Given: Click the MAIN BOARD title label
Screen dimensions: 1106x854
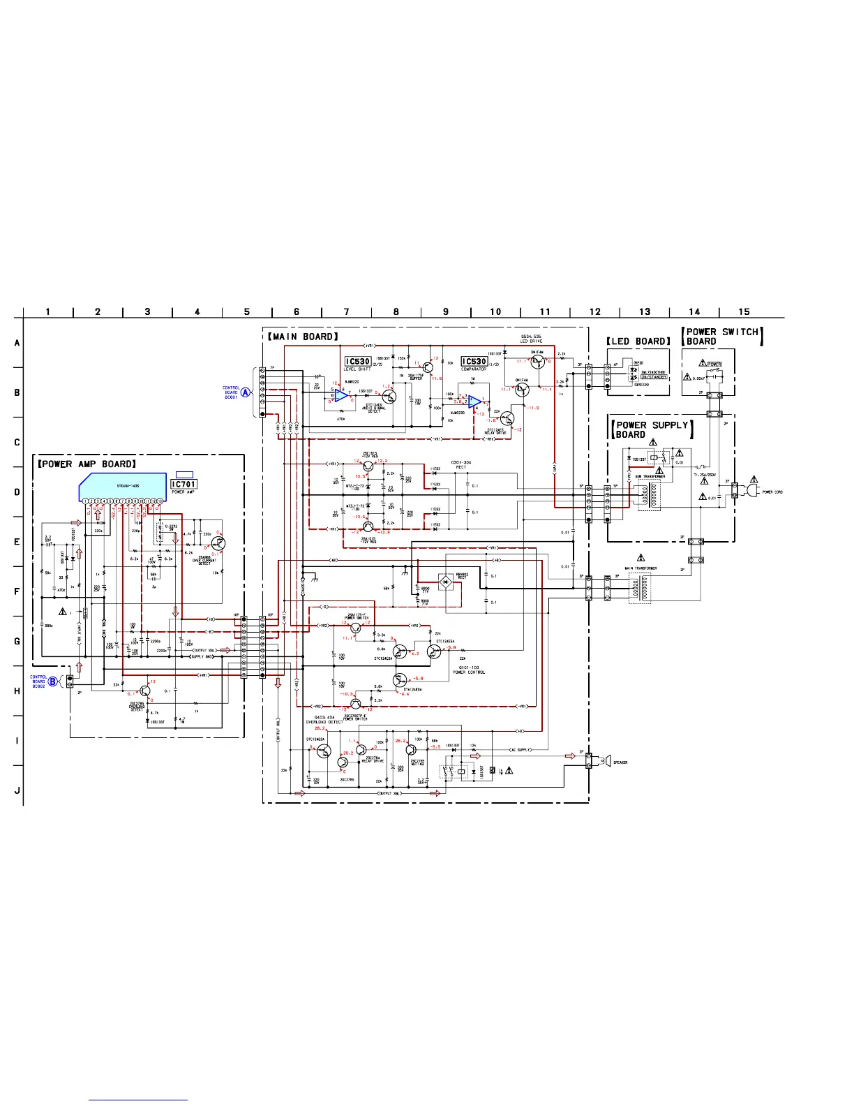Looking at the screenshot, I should point(304,337).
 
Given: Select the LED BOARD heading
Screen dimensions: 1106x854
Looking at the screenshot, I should point(638,341).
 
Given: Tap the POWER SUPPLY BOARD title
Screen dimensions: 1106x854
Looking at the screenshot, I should point(652,429).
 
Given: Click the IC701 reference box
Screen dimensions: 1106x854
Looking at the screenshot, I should point(184,484).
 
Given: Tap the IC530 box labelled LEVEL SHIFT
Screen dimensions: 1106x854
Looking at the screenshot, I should point(357,362).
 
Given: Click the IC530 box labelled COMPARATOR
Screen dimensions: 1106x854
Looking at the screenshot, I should point(474,362).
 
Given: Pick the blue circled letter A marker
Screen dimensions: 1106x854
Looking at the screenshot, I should point(246,392).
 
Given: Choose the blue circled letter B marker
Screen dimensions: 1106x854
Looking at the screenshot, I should point(53,681).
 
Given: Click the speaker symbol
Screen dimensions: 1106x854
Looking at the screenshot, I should point(608,761).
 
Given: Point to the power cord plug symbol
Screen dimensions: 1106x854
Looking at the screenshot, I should point(752,492).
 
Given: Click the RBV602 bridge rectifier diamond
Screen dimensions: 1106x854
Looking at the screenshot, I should point(445,581).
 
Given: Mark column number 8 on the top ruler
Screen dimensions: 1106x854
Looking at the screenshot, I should point(396,311).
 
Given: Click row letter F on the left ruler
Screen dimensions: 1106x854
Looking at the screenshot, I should point(17,591).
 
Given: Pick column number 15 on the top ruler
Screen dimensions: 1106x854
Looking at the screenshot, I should point(744,311).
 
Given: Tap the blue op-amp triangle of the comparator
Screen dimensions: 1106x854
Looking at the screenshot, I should point(475,401).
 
